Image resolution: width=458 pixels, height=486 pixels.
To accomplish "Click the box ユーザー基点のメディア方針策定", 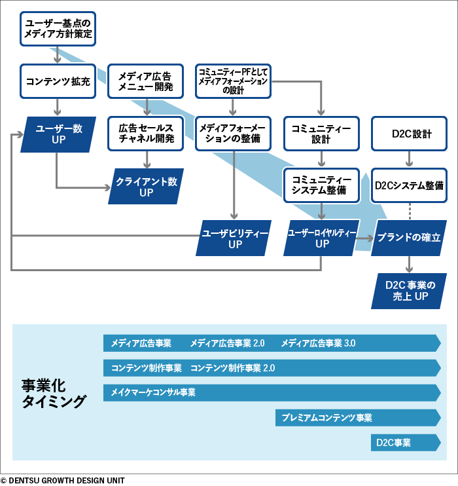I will pyautogui.click(x=57, y=29).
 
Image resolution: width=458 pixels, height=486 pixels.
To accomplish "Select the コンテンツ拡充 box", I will pyautogui.click(x=58, y=81).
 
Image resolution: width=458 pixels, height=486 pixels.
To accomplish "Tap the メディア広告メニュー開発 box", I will pyautogui.click(x=146, y=81).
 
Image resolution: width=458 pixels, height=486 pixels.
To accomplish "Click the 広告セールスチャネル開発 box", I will pyautogui.click(x=146, y=134).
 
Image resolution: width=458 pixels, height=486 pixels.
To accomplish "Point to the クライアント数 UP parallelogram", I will pyautogui.click(x=146, y=186).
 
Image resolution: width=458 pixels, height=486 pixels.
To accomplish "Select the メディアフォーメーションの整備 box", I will pyautogui.click(x=233, y=134).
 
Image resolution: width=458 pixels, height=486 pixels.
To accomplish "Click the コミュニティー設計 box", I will pyautogui.click(x=321, y=134).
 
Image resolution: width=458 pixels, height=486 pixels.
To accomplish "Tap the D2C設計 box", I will pyautogui.click(x=410, y=134).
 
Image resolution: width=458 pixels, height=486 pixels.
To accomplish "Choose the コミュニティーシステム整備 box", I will pyautogui.click(x=321, y=185).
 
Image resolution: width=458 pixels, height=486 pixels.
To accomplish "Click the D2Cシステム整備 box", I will pyautogui.click(x=410, y=185).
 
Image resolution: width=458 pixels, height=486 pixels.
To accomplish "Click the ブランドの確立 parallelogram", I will pyautogui.click(x=410, y=238).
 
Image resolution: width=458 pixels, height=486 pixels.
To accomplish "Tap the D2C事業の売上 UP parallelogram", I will pyautogui.click(x=410, y=290).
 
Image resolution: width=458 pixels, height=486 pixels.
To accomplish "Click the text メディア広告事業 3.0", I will pyautogui.click(x=318, y=343).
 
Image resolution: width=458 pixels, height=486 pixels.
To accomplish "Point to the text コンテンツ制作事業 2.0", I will pyautogui.click(x=232, y=368).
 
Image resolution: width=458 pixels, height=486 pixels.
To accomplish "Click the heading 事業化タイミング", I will pyautogui.click(x=53, y=393).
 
